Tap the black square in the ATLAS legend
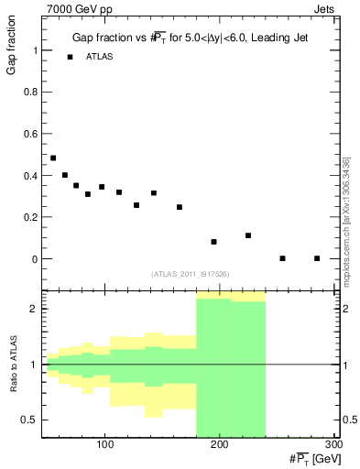click(x=70, y=57)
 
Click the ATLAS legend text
click(x=99, y=57)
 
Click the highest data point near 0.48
click(x=53, y=158)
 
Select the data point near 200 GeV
click(x=213, y=242)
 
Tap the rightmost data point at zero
click(x=316, y=258)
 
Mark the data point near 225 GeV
click(x=248, y=235)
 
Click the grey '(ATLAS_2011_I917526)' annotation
click(x=190, y=275)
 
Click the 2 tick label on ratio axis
click(x=34, y=309)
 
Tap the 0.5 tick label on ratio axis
click(x=30, y=420)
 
